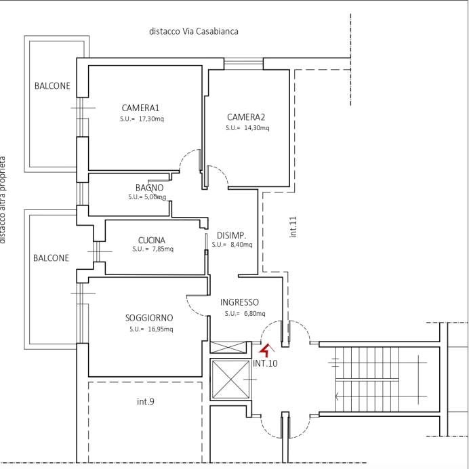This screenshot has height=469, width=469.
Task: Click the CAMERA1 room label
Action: (x=140, y=108)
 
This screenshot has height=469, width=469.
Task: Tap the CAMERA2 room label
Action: (x=246, y=117)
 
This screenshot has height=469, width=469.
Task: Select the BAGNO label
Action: (x=149, y=188)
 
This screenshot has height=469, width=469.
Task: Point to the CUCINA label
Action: (x=151, y=240)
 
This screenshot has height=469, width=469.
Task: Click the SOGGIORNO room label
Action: (x=149, y=318)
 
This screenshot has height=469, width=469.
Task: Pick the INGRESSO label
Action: (x=239, y=302)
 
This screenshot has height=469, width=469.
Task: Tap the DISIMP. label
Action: (x=230, y=235)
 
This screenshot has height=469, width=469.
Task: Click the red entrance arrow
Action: (x=266, y=350)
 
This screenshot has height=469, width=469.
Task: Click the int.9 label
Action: (x=146, y=402)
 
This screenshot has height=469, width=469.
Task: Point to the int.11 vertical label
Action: (x=293, y=226)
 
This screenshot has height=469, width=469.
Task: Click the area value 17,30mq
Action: (x=151, y=119)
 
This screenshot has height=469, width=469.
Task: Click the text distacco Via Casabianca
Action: (x=194, y=31)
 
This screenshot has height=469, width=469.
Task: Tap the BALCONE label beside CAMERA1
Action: (x=52, y=86)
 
